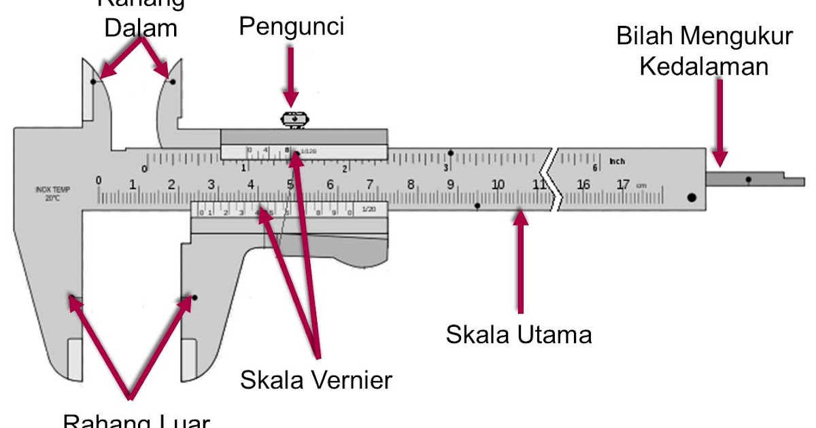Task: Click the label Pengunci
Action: coord(292,27)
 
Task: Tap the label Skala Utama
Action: coord(519,334)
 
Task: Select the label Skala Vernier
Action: coord(316,380)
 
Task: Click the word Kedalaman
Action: coord(704,67)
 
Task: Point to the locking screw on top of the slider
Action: coord(292,119)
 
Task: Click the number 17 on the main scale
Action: coord(622,185)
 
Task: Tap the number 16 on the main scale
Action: coord(583,185)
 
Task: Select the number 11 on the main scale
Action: coord(539,184)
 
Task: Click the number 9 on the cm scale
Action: coord(450,184)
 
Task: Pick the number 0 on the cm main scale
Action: coord(99,180)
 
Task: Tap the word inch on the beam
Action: coord(617,162)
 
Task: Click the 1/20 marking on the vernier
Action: coord(369,210)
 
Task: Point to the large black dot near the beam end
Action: coord(692,198)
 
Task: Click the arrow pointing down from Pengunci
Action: coord(291,75)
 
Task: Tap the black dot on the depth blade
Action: coord(748,180)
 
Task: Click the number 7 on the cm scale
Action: coord(369,184)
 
